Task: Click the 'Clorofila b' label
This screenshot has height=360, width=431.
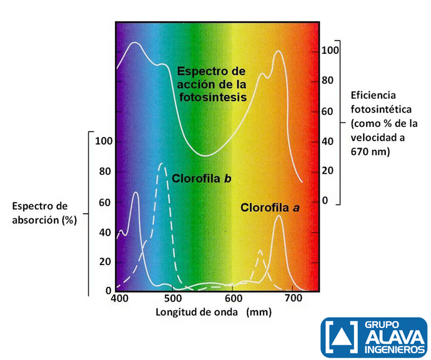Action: (x=202, y=179)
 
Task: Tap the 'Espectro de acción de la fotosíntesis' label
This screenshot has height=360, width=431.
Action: (x=211, y=84)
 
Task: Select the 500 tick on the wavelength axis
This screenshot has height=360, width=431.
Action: (x=176, y=299)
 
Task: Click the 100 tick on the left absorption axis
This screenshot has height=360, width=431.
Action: (x=102, y=141)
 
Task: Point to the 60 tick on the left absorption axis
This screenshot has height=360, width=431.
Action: (x=105, y=201)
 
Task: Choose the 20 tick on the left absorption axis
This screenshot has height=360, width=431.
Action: (x=105, y=261)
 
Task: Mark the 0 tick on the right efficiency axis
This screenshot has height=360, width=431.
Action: (x=324, y=201)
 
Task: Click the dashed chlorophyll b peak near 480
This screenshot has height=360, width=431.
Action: (x=162, y=164)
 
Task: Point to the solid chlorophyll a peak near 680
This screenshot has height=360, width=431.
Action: (x=279, y=217)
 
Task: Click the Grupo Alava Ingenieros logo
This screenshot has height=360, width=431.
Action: (x=374, y=337)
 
